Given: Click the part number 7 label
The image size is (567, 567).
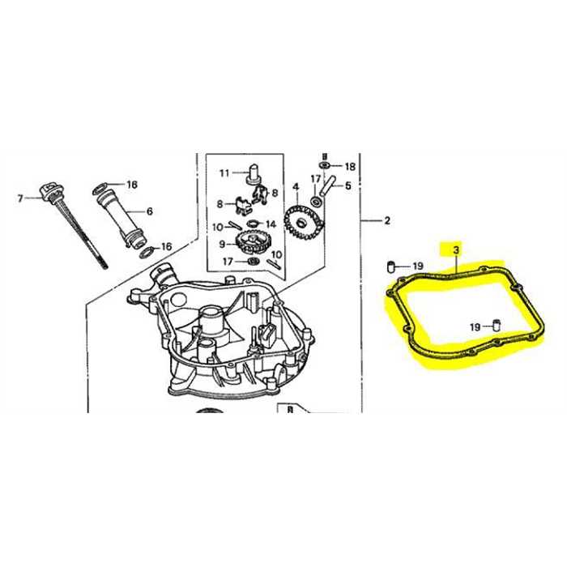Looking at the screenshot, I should click(22, 198).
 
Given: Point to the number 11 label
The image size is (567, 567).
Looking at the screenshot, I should click(224, 173).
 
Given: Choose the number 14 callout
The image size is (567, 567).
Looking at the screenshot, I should click(271, 224).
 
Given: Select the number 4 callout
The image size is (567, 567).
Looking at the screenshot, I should click(296, 187).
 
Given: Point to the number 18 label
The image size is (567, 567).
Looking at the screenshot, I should click(350, 166).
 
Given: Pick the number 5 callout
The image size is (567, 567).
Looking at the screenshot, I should click(348, 185).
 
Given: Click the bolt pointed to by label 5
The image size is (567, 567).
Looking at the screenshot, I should click(329, 185).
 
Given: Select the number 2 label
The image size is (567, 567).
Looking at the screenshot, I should click(387, 220).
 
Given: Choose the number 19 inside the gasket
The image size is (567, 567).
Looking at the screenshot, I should click(475, 327).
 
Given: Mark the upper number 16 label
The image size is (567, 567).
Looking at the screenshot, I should click(132, 185).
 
